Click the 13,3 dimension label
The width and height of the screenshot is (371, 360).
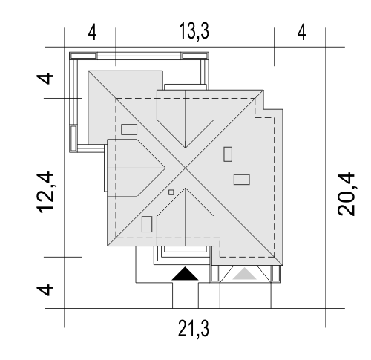coord(194,31)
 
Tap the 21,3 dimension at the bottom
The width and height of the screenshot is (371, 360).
coord(194,329)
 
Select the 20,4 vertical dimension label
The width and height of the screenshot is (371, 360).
coord(346,194)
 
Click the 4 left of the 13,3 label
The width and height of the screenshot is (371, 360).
coord(92,33)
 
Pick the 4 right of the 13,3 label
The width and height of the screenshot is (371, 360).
coord(301,33)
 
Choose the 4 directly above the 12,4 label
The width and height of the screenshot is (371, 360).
coord(45,78)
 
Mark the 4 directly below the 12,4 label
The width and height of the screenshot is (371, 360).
coord(45,290)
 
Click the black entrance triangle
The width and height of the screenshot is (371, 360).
coord(185,274)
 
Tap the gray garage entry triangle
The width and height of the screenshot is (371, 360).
coord(244,274)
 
